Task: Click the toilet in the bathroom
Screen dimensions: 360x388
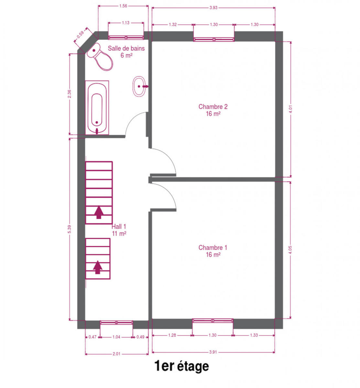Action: [x=100, y=57]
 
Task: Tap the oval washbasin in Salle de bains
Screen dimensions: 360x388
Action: [x=139, y=86]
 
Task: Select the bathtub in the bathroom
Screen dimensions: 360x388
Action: [x=97, y=107]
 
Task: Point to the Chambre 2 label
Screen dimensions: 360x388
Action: [x=213, y=110]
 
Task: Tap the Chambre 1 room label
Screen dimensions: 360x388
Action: [x=213, y=251]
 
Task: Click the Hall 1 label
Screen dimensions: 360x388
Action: [x=119, y=230]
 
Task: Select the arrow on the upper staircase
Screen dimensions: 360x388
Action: [x=99, y=212]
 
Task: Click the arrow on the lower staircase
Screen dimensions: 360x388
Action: [x=98, y=267]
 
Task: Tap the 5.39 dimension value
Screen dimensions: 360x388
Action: [x=70, y=229]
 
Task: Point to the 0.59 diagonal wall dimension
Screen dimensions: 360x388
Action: [x=80, y=35]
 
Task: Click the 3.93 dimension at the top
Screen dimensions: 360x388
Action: [x=213, y=8]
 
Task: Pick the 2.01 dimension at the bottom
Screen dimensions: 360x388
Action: [x=116, y=354]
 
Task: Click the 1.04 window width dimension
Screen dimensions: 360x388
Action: [x=116, y=337]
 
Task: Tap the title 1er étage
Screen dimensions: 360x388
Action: [x=181, y=366]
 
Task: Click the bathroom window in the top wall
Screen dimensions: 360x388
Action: [x=126, y=38]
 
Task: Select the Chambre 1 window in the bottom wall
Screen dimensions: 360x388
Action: [x=213, y=320]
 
